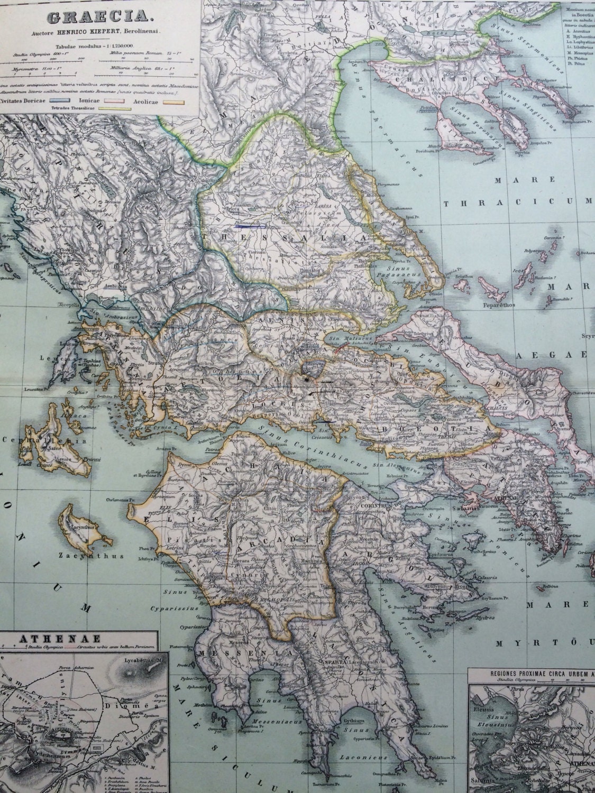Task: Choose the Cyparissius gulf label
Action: tap(180, 608)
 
